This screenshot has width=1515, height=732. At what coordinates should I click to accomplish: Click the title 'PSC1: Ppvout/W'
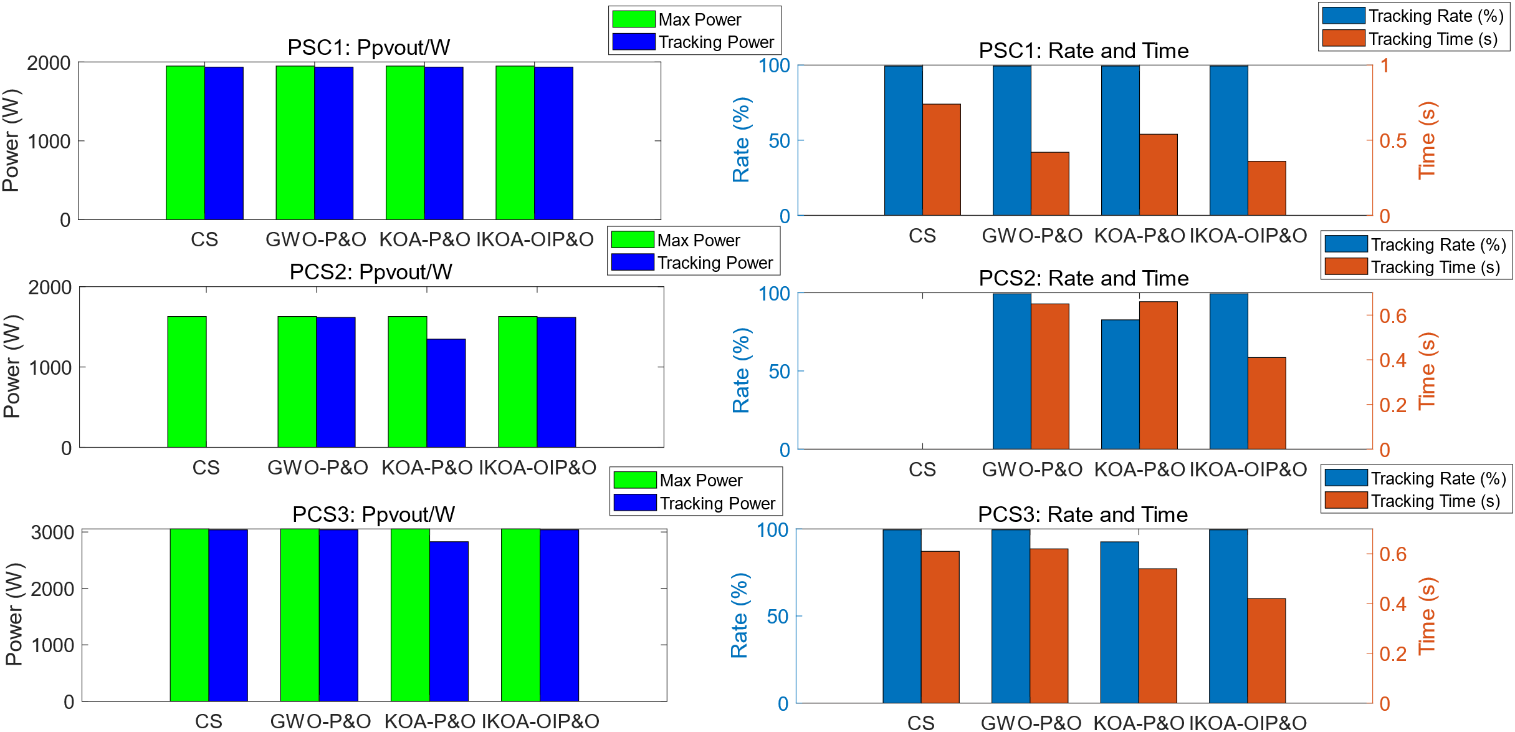coord(368,47)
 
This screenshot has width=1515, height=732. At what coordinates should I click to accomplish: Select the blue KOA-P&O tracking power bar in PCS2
coord(446,393)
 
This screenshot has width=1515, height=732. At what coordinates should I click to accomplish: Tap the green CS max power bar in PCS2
coord(187,382)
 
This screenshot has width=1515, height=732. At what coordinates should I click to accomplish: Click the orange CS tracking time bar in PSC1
coord(941,160)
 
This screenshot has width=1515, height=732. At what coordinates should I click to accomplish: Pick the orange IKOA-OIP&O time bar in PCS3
coord(1266,650)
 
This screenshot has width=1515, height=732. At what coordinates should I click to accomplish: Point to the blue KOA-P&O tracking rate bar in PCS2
coord(1120,384)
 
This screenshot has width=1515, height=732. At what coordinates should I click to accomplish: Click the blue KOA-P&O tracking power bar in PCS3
coord(449,621)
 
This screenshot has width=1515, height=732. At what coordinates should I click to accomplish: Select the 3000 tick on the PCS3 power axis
coord(52,532)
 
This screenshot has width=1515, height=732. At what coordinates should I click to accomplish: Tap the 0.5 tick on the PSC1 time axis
coord(1393,141)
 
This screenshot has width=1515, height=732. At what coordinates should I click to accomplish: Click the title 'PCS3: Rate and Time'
coord(1082,514)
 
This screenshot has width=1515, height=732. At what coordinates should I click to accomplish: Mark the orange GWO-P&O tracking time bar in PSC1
coord(1049,183)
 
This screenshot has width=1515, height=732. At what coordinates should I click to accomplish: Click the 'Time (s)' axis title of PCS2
coord(1427,371)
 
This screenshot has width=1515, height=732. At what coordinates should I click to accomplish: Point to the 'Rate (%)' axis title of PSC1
coord(741,140)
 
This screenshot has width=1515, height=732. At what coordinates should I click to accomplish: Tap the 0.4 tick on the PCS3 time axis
coord(1393,604)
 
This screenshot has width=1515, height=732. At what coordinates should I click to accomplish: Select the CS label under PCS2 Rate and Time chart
coord(922,469)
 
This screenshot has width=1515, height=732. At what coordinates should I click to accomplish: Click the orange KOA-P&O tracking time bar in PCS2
coord(1158,375)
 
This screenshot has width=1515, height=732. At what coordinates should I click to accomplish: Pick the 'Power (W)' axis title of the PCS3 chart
coord(14,614)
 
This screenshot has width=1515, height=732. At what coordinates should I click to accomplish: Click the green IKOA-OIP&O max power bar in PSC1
coord(515,143)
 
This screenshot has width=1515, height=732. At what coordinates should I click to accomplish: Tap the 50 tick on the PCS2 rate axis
coord(779,372)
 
